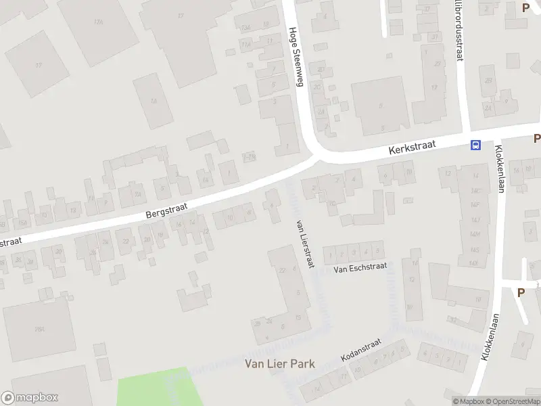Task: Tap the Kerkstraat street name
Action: (413, 146)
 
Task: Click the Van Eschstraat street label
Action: (360, 268)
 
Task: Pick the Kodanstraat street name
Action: (361, 351)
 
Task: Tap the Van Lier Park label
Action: (279, 364)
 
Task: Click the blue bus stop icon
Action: (476, 144)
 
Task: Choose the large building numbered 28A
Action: (39, 330)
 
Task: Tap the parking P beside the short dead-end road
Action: (521, 292)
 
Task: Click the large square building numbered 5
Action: (380, 106)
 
